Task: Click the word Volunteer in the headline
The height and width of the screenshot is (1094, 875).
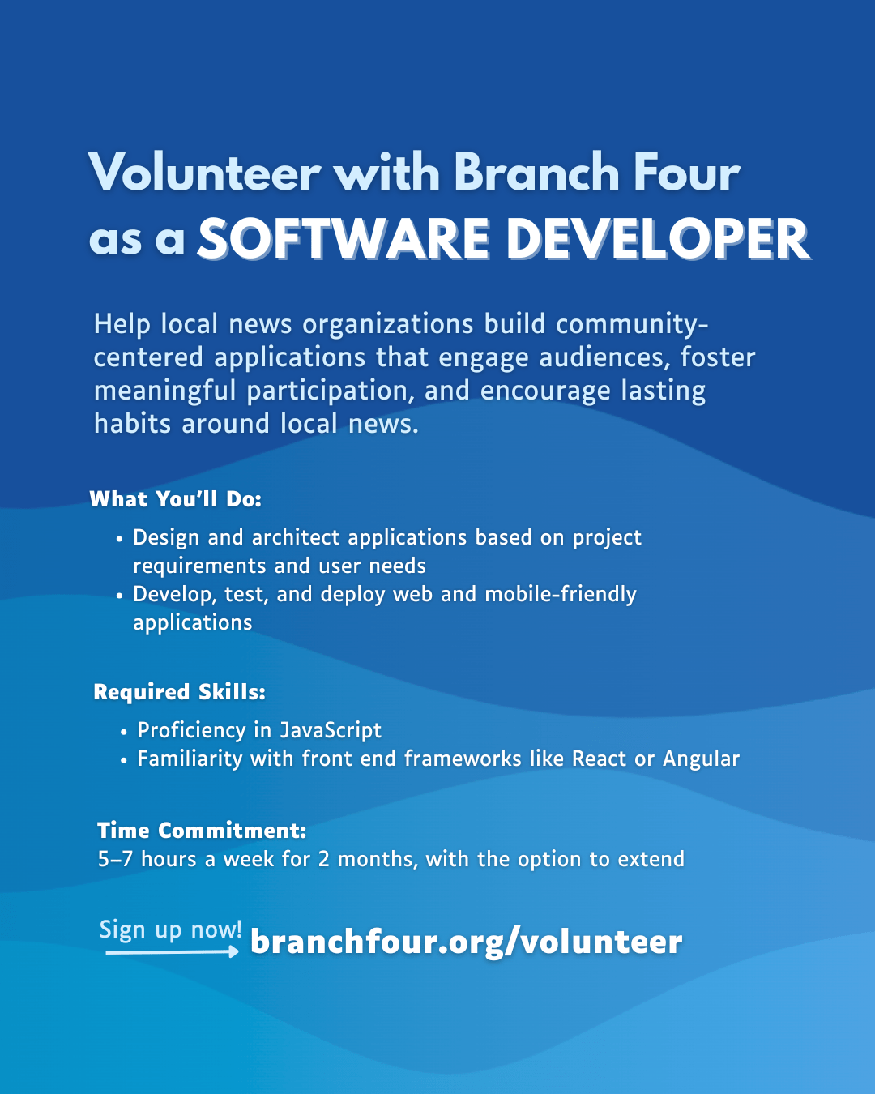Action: coord(204,172)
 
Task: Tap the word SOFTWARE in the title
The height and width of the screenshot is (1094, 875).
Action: coord(344,238)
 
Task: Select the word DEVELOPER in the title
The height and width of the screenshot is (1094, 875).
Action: coord(658,238)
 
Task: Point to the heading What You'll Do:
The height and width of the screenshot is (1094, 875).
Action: coord(176,499)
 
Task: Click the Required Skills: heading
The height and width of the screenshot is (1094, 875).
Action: coord(180,692)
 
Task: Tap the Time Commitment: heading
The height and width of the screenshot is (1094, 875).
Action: coord(202,830)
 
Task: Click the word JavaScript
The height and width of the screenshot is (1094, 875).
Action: coord(331,730)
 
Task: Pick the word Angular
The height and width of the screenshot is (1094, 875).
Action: coord(701,759)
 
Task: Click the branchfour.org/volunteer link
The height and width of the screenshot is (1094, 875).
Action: coord(466,942)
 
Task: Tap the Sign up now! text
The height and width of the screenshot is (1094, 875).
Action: coord(170,929)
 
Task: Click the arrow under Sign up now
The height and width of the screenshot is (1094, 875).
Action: coord(172,951)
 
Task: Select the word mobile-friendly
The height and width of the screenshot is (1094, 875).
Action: coord(561,594)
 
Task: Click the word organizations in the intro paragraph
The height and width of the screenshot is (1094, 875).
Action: coord(388,325)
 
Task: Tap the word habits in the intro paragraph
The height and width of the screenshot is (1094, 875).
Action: coord(132,423)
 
